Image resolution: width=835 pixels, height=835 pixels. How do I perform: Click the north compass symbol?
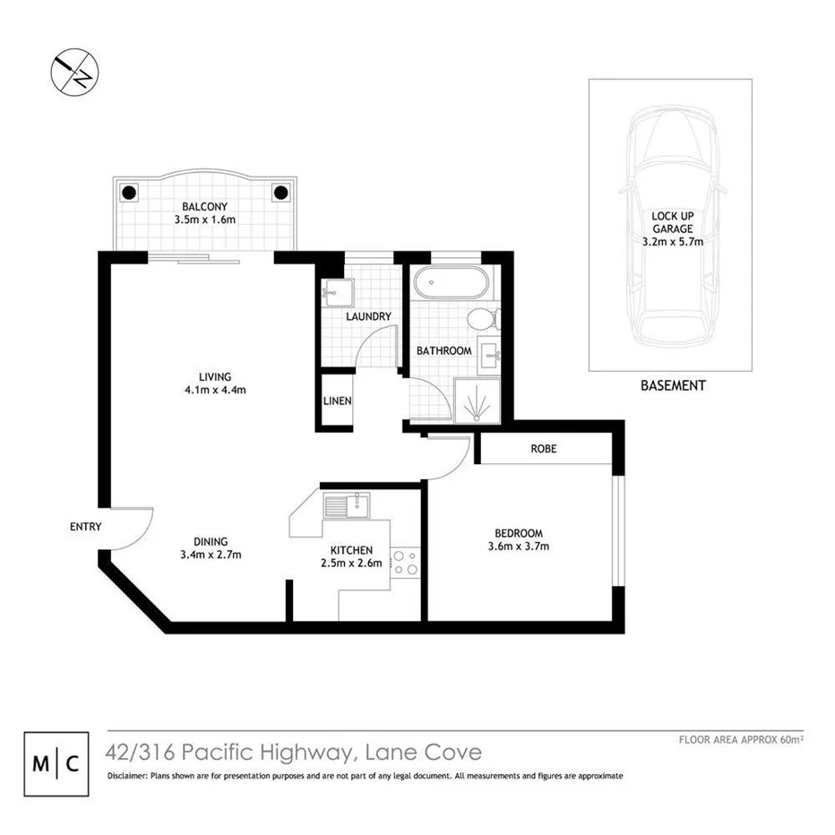(x=74, y=71)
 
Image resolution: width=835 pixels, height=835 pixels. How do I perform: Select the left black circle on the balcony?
(x=128, y=192)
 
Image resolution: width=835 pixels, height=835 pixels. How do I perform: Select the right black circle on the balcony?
(x=280, y=192)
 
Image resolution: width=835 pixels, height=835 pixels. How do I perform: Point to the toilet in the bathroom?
(x=483, y=318)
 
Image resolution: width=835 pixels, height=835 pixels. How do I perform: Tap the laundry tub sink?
(x=339, y=292)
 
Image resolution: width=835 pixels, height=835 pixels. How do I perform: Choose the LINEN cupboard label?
(x=338, y=400)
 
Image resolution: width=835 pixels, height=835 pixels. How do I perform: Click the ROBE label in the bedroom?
(x=543, y=449)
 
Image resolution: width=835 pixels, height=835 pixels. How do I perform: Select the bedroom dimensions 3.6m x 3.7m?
(x=518, y=547)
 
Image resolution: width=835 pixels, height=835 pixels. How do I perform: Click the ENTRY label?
(x=85, y=527)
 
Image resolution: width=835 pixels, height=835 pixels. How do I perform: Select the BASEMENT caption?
(x=672, y=386)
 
